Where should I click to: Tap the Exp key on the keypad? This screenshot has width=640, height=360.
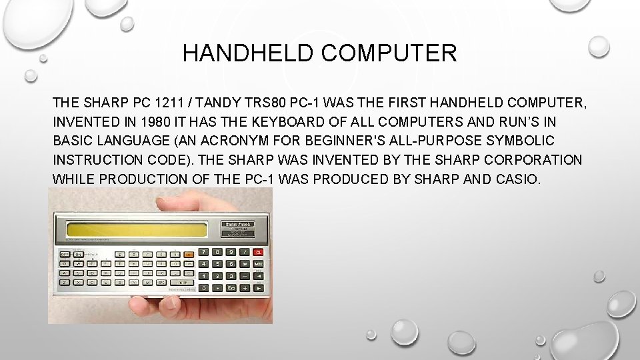[x=231, y=287]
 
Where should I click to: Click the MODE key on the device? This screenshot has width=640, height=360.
[x=258, y=265]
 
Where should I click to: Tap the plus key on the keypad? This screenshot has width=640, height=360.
[x=245, y=287]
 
